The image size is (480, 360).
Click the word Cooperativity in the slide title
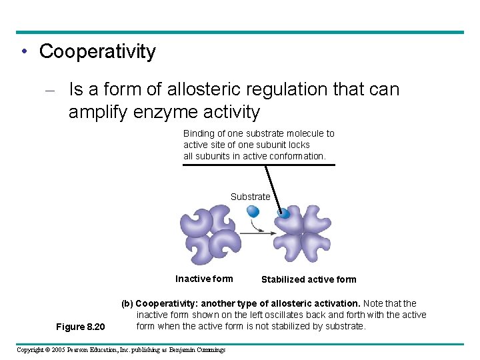point(97,52)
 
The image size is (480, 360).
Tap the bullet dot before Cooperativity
point(24,52)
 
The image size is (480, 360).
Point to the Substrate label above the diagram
point(250,197)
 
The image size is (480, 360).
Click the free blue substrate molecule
point(253,211)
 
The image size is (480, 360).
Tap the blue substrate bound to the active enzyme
point(283,213)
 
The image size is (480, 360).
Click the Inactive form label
point(204,279)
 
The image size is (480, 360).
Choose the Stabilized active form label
point(309,279)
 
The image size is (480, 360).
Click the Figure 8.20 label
point(81,327)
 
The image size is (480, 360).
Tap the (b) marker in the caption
point(127,303)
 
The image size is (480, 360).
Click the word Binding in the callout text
point(199,133)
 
